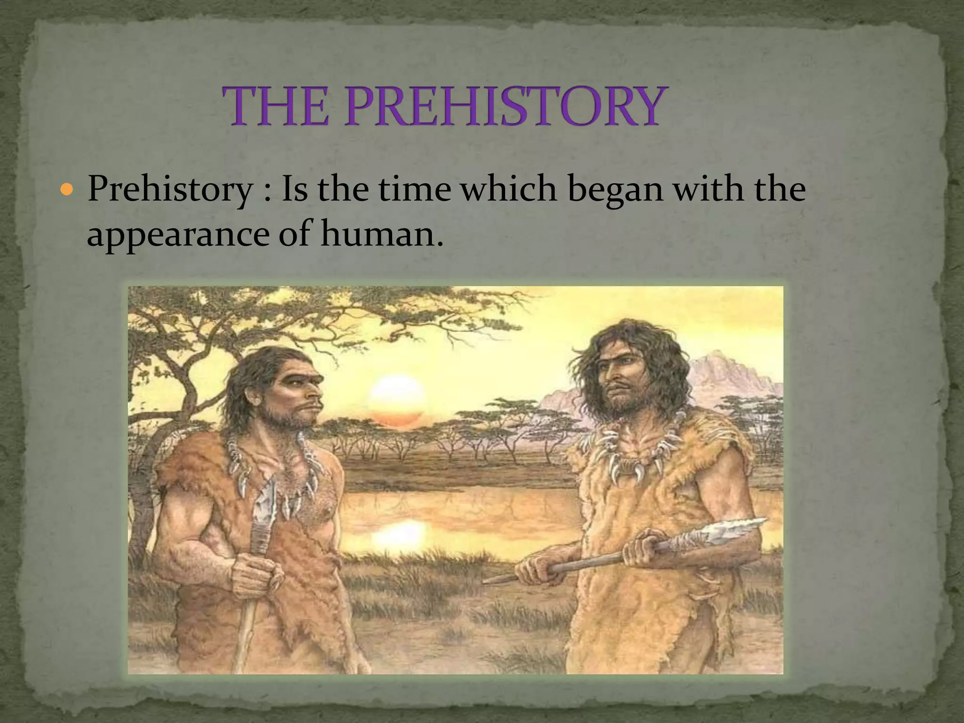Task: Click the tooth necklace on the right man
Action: pos(631,459)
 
